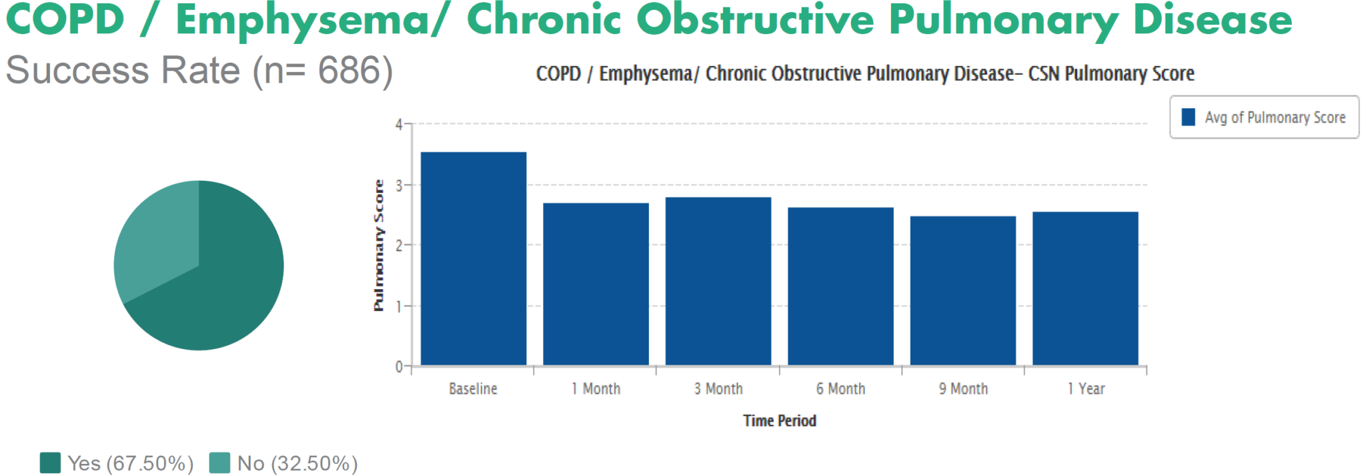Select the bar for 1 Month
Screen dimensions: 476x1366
[596, 284]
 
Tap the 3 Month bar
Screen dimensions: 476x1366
[718, 281]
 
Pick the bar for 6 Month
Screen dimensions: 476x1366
[840, 286]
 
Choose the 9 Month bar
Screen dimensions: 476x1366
[962, 291]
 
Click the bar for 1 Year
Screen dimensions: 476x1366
[1085, 288]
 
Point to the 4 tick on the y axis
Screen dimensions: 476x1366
[399, 125]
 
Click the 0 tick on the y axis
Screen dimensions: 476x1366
[399, 367]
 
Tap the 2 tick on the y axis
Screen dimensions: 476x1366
[399, 246]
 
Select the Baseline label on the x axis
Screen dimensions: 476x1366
[473, 389]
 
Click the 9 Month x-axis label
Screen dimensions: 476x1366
[963, 389]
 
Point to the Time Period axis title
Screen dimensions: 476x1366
[780, 421]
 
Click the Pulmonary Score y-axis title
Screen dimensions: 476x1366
[379, 245]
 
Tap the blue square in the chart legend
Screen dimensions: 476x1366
[1188, 117]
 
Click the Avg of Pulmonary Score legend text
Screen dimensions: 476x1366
[1275, 117]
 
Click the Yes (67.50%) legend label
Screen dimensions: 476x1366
[130, 463]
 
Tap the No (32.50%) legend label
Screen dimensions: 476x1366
[297, 463]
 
